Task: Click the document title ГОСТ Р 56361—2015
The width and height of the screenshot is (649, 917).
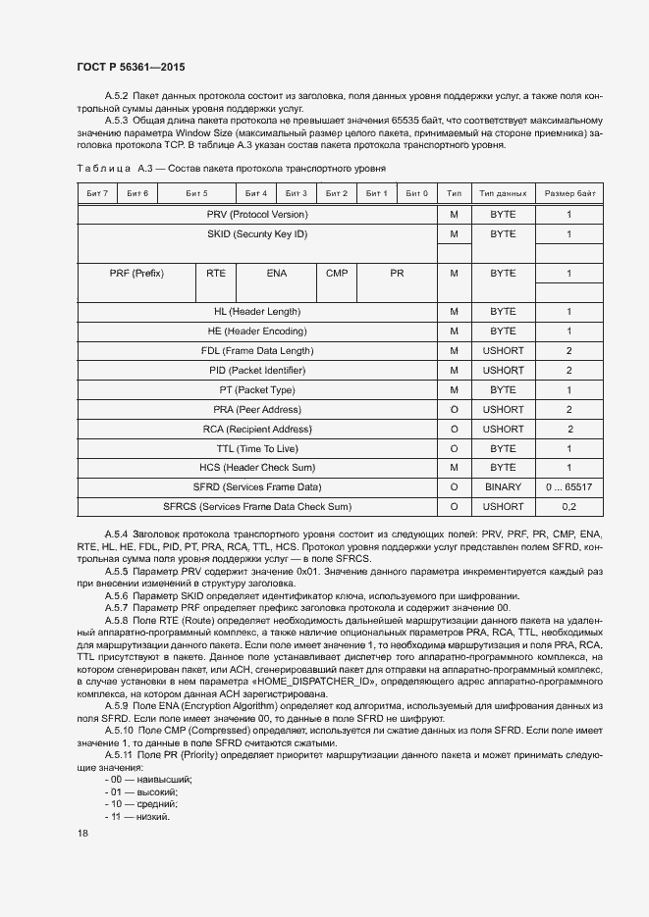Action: point(130,67)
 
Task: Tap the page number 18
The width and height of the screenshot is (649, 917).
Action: point(82,834)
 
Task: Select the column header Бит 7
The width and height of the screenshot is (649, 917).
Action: point(97,193)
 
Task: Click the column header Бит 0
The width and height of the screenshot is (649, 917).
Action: point(416,193)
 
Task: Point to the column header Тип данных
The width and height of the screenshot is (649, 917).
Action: point(503,193)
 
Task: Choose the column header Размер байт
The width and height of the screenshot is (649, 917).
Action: point(568,193)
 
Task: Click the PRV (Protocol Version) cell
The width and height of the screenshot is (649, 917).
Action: point(257,214)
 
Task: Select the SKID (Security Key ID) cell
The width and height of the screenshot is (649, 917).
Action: point(257,234)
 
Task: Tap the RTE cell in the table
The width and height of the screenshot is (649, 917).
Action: point(216,274)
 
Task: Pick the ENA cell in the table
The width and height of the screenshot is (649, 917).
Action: point(276,274)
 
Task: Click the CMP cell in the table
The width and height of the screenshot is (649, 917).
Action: point(337,274)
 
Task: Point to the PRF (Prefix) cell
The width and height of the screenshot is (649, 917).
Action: point(136,274)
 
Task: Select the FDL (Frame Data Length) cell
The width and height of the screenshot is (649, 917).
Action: point(257,350)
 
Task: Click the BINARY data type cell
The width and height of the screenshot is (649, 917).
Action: point(503,486)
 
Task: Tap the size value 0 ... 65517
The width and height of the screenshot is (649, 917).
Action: point(568,486)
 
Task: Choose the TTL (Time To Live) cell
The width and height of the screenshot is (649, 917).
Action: point(257,448)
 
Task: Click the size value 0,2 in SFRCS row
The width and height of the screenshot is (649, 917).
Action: point(568,506)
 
